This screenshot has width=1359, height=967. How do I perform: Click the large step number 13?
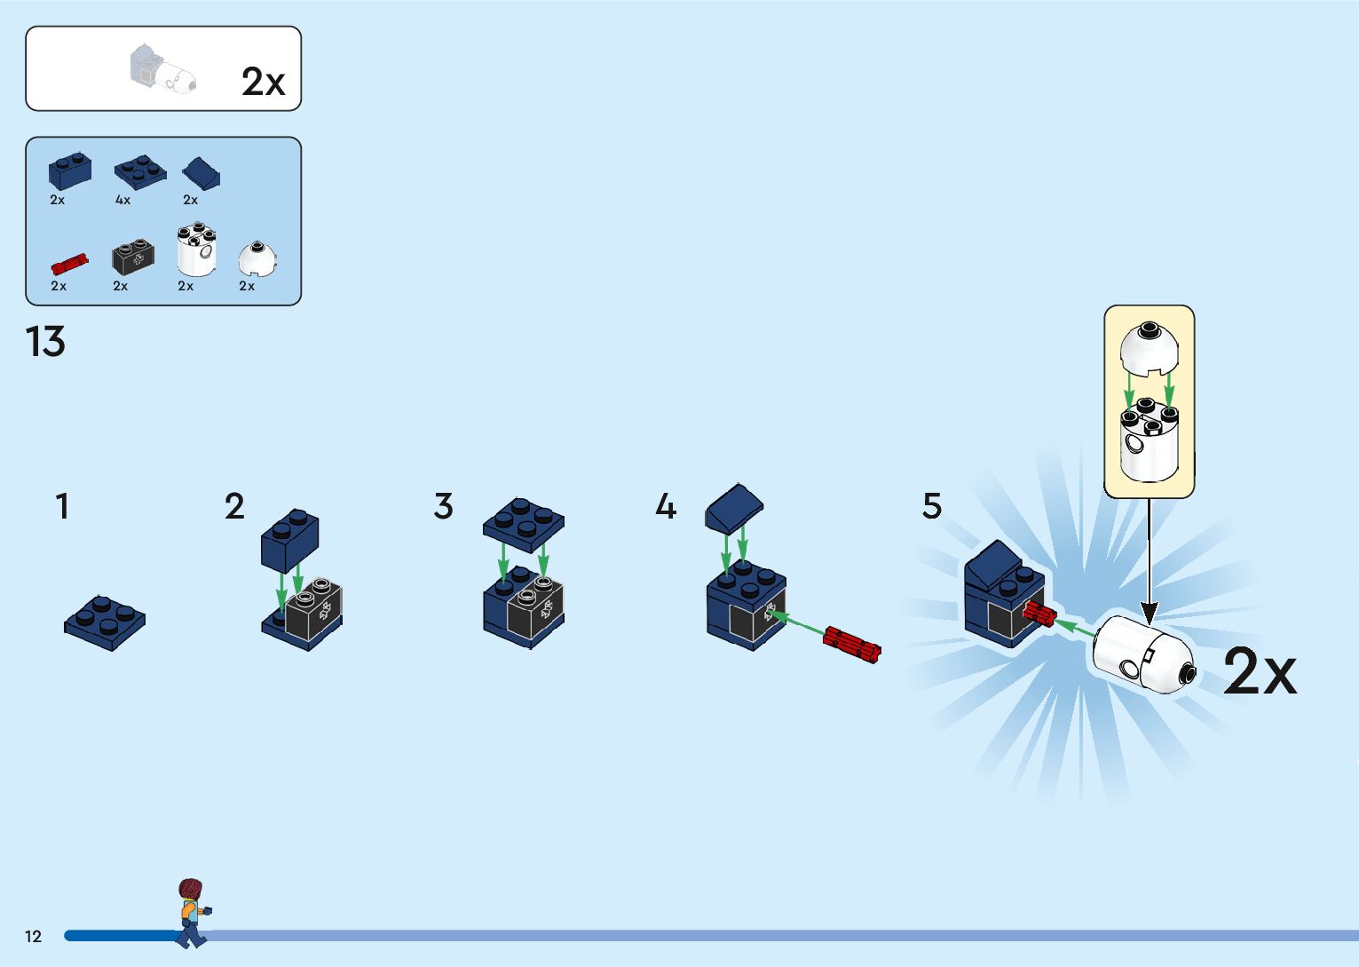coord(45,342)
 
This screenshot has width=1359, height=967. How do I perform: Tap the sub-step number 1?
coord(62,507)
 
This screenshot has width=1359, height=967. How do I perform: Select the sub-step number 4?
coord(666,507)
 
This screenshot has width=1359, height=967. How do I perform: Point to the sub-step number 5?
coord(931,506)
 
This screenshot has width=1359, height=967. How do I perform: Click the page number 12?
coord(33,936)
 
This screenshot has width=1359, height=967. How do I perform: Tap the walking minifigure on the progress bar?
coord(192,913)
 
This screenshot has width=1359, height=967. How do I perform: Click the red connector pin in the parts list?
coord(68,263)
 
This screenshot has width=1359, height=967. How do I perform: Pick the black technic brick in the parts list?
coord(133,257)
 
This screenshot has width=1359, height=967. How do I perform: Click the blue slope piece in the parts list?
coord(201,172)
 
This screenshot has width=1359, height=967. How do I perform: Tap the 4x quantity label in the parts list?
coord(122,200)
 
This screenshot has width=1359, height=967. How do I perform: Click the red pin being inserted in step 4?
coord(851,644)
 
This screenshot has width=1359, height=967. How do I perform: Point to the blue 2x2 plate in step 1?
coord(105,621)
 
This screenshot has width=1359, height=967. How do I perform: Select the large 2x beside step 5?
coord(1260,671)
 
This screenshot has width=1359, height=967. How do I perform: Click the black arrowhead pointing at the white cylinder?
coord(1149,613)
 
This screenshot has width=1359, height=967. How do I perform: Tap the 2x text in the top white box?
coord(263,82)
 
